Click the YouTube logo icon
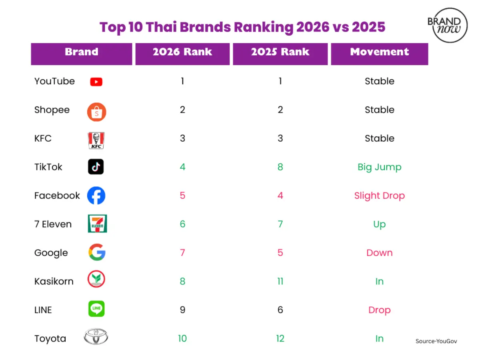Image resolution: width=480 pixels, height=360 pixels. (96, 82)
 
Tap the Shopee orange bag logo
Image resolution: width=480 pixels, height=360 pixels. (96, 112)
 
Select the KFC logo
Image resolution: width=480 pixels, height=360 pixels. (96, 140)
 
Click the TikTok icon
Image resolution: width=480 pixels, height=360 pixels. (96, 167)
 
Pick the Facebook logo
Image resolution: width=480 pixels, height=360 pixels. (96, 196)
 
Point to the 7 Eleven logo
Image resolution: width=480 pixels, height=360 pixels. (97, 224)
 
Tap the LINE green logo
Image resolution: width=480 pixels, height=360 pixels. (96, 309)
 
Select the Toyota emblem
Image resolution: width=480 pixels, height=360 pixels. (96, 337)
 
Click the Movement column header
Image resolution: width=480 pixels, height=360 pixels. (379, 52)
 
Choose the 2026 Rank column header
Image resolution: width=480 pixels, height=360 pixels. (182, 52)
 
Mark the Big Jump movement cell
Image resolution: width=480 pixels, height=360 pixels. (379, 167)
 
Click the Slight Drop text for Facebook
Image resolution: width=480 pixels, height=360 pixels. (379, 196)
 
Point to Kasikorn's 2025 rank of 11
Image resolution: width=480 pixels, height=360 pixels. (280, 281)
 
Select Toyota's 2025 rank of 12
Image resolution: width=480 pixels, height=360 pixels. (280, 338)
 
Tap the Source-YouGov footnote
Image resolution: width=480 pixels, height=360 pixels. (436, 341)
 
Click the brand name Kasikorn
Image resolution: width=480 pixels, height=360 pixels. (54, 281)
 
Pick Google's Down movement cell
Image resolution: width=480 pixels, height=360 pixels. (379, 253)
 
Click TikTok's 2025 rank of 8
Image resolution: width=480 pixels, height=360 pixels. (280, 167)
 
